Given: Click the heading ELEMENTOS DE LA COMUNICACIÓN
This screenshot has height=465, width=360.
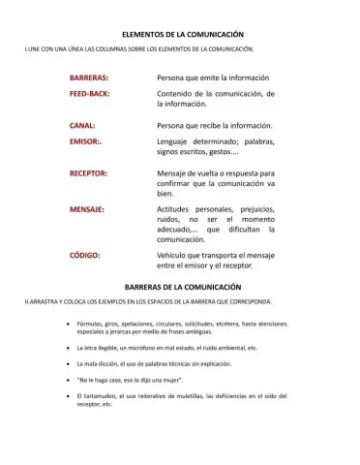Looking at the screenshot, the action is (x=181, y=33).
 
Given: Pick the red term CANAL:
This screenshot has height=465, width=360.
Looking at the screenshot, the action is (x=81, y=126).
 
